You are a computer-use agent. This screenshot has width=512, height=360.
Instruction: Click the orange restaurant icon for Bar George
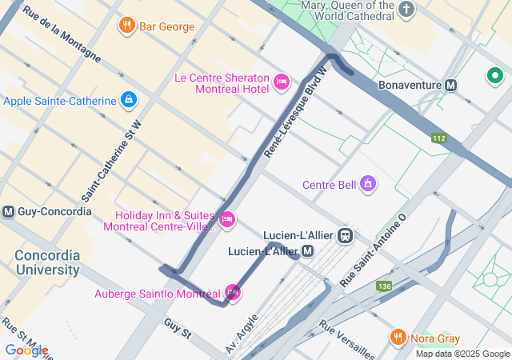coord(126,26)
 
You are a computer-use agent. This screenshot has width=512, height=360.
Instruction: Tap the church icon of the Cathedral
coord(407,10)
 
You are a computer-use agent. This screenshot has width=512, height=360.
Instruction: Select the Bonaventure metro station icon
coord(451,84)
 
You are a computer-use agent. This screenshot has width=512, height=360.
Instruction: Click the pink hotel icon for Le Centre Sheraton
coord(281,82)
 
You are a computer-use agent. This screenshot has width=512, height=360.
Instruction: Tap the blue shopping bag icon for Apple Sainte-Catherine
coord(127,100)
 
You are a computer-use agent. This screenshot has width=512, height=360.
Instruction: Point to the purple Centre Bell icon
coord(368,185)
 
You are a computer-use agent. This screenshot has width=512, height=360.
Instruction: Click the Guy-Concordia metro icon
coord(9,212)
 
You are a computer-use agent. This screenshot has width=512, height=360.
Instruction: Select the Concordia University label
coord(46,262)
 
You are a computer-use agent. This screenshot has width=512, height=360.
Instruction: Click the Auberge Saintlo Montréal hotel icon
coord(233,292)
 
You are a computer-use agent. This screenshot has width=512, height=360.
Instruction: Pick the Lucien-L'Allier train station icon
coord(346,235)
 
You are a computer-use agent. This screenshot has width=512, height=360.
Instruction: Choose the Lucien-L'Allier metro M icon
coord(308,251)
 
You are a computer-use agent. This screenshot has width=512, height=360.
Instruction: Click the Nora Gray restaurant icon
coord(398,338)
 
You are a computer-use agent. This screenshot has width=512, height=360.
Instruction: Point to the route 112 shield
coord(438,138)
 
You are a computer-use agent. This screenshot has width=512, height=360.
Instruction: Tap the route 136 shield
coord(385,286)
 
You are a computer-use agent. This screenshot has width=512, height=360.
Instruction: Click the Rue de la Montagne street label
coord(62,34)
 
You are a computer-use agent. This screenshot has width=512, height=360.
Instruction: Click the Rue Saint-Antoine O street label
coord(373,250)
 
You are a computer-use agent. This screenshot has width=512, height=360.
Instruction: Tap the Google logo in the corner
coord(26,350)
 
